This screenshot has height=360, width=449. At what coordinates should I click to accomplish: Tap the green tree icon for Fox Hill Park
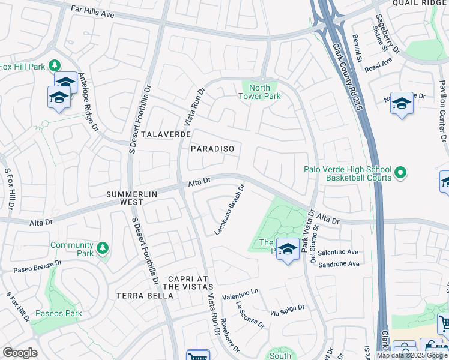pyautogui.click(x=55, y=65)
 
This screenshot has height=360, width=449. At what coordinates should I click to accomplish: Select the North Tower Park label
pyautogui.click(x=259, y=92)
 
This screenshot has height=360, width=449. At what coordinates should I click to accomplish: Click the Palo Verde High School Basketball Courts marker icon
pyautogui.click(x=400, y=173)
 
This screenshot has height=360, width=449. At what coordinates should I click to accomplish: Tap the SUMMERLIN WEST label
pyautogui.click(x=133, y=198)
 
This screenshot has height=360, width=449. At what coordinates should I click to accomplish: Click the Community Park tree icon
pyautogui.click(x=102, y=247)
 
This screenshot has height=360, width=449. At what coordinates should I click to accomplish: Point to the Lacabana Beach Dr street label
pyautogui.click(x=230, y=209)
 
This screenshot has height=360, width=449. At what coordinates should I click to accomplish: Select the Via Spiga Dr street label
pyautogui.click(x=287, y=311)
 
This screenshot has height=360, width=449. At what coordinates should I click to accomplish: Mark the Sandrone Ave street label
pyautogui.click(x=339, y=264)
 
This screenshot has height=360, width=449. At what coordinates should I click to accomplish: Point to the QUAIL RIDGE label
pyautogui.click(x=420, y=3)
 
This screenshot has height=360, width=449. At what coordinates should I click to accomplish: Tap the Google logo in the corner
pyautogui.click(x=20, y=353)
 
